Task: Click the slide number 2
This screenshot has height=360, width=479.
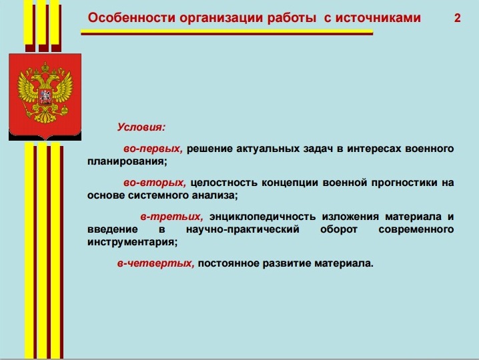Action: pos(457,18)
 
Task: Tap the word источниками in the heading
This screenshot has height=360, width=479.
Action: pos(378,18)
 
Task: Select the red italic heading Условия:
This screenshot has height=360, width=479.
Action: pos(141,127)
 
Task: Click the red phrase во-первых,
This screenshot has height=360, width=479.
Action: pos(153,149)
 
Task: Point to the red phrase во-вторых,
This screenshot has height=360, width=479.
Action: pos(155,183)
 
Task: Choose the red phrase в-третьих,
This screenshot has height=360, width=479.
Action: pos(171,217)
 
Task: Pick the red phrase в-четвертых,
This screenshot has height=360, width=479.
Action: pos(156,263)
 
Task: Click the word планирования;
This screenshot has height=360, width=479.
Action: pos(127,161)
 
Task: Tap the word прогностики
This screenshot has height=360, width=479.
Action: pos(404,183)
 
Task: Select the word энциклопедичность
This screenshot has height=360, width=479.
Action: pos(262,217)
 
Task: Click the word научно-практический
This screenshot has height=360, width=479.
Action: pos(243,229)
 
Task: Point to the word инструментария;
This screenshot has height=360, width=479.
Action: pos(132,242)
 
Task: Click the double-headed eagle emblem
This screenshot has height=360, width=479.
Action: pos(45,93)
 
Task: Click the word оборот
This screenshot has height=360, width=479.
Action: pos(339,229)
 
